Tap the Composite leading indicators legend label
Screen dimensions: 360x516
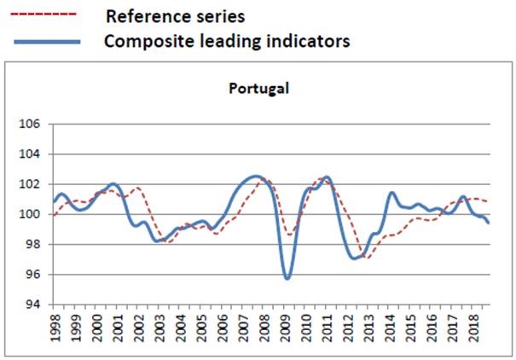(227, 41)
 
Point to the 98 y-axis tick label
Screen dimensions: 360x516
(31, 245)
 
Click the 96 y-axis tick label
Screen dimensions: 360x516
(31, 275)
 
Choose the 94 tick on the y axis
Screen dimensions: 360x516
(31, 305)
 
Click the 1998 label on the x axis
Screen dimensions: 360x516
(56, 328)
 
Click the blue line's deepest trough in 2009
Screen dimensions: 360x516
(287, 278)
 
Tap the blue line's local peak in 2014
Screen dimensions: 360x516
(391, 193)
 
